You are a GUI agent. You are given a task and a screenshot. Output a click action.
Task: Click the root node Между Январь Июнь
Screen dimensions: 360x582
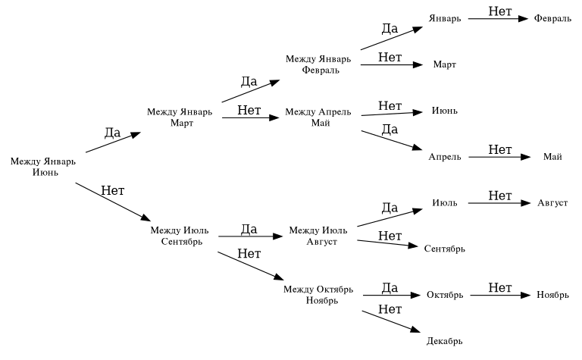pyautogui.click(x=43, y=167)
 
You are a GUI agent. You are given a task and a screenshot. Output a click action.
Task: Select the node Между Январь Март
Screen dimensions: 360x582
pyautogui.click(x=180, y=117)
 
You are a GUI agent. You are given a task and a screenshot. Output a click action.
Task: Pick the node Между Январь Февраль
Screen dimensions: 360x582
pyautogui.click(x=318, y=64)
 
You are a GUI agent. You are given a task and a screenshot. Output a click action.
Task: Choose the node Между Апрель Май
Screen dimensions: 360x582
pyautogui.click(x=318, y=117)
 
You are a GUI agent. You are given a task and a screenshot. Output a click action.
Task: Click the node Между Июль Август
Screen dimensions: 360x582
pyautogui.click(x=318, y=236)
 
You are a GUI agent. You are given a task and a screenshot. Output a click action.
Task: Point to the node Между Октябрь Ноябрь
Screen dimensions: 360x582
pyautogui.click(x=318, y=295)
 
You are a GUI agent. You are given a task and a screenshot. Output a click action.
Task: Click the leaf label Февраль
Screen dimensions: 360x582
pyautogui.click(x=552, y=18)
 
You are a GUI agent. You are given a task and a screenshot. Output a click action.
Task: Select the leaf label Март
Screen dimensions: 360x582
pyautogui.click(x=445, y=65)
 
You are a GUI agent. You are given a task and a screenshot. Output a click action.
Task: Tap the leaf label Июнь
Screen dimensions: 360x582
pyautogui.click(x=445, y=111)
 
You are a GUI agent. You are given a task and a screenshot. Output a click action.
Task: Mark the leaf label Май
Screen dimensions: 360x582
pyautogui.click(x=552, y=157)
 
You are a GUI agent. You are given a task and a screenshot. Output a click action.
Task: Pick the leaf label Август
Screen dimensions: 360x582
pyautogui.click(x=552, y=203)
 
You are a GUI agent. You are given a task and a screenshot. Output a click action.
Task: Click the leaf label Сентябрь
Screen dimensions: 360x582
pyautogui.click(x=445, y=249)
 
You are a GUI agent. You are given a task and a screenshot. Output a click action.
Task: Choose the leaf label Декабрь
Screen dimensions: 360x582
pyautogui.click(x=444, y=341)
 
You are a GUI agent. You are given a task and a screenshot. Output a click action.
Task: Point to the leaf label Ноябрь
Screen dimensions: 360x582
pyautogui.click(x=552, y=295)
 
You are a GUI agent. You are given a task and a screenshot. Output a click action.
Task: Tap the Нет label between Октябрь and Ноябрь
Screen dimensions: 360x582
pyautogui.click(x=500, y=288)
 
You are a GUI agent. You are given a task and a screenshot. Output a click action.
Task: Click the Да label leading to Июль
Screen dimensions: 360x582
pyautogui.click(x=390, y=208)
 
